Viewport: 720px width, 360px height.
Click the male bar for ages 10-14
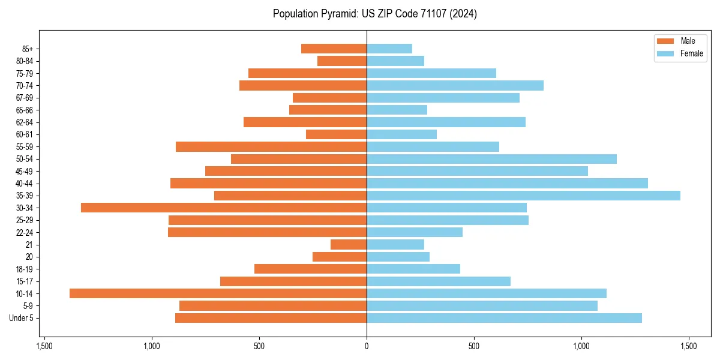[218, 293]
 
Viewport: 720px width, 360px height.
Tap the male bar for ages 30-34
[224, 208]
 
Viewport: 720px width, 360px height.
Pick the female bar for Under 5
[504, 318]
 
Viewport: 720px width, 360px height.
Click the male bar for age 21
[349, 245]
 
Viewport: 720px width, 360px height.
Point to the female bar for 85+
[389, 49]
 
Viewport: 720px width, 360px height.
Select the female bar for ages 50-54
[491, 159]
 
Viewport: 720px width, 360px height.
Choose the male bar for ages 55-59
[271, 146]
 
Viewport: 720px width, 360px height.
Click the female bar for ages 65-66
[397, 110]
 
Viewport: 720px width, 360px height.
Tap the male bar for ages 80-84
[342, 61]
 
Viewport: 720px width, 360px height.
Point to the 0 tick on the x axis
[367, 346]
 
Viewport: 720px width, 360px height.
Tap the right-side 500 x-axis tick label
[474, 346]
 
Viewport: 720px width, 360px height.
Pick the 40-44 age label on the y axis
[25, 184]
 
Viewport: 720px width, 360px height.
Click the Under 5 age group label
[22, 318]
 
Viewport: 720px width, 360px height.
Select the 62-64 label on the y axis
[25, 122]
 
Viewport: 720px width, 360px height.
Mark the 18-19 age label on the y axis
[25, 269]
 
